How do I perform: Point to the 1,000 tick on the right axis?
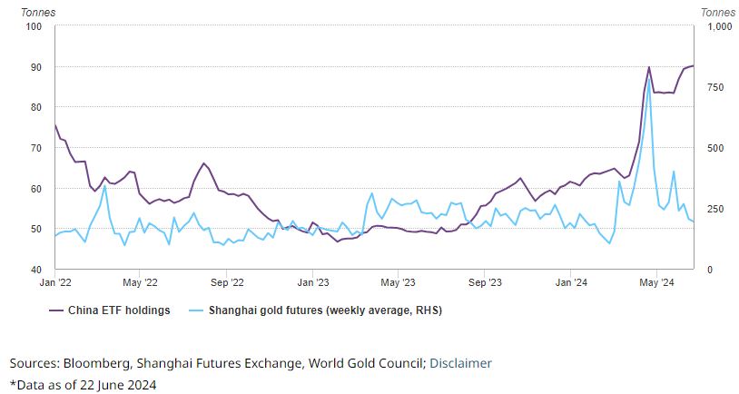(717, 26)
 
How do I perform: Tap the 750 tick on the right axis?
(712, 87)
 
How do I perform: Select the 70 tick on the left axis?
(36, 148)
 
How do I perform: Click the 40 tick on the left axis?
(36, 270)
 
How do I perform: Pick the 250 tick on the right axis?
(712, 209)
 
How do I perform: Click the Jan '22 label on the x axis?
(55, 283)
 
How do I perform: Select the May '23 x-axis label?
(399, 283)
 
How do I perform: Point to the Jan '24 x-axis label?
(570, 283)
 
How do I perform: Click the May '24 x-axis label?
(656, 283)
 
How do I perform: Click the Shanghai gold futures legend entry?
(325, 310)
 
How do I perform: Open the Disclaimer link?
(460, 363)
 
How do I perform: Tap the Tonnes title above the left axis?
(34, 12)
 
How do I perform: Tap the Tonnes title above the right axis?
(719, 12)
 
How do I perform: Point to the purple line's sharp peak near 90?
(649, 67)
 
